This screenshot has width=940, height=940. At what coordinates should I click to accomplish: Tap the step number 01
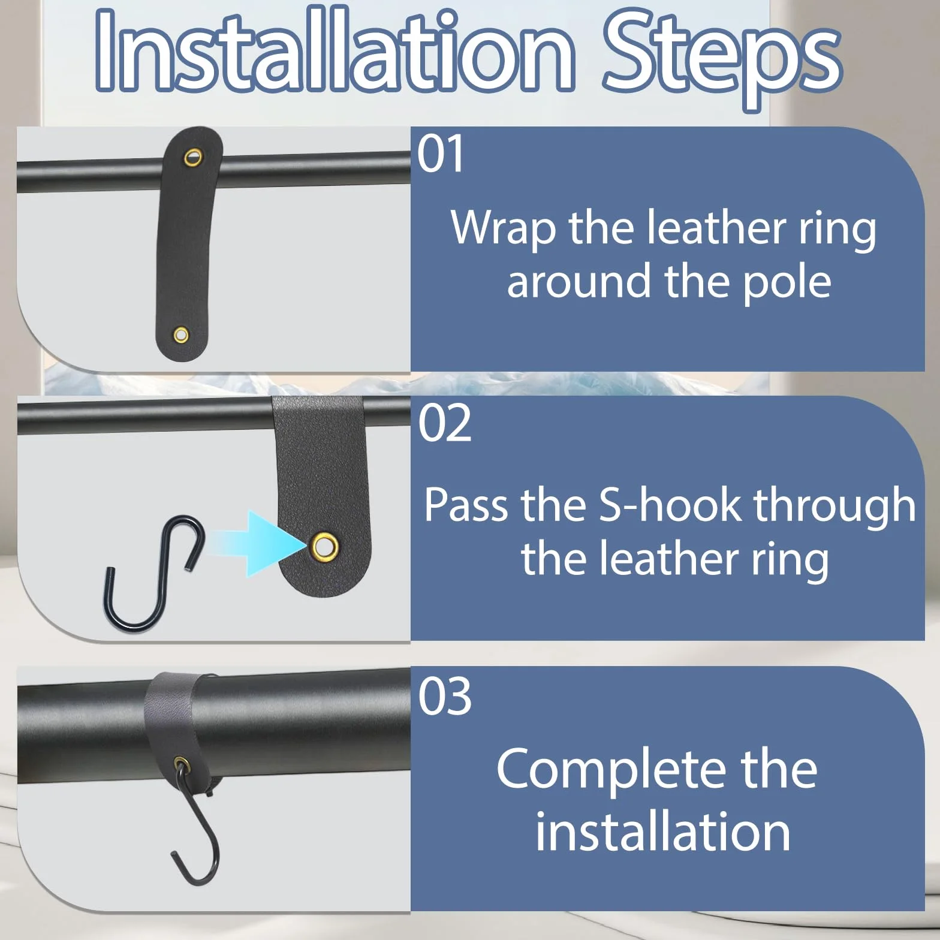(x=441, y=154)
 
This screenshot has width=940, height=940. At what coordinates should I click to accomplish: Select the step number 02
(x=444, y=423)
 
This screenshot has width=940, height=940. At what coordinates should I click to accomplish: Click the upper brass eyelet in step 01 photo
(x=193, y=158)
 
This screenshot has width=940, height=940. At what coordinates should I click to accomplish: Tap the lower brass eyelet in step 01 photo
(x=180, y=335)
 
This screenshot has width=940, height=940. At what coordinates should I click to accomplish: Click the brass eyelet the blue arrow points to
(x=324, y=546)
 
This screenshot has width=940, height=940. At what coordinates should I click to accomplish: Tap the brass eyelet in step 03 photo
(x=180, y=764)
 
